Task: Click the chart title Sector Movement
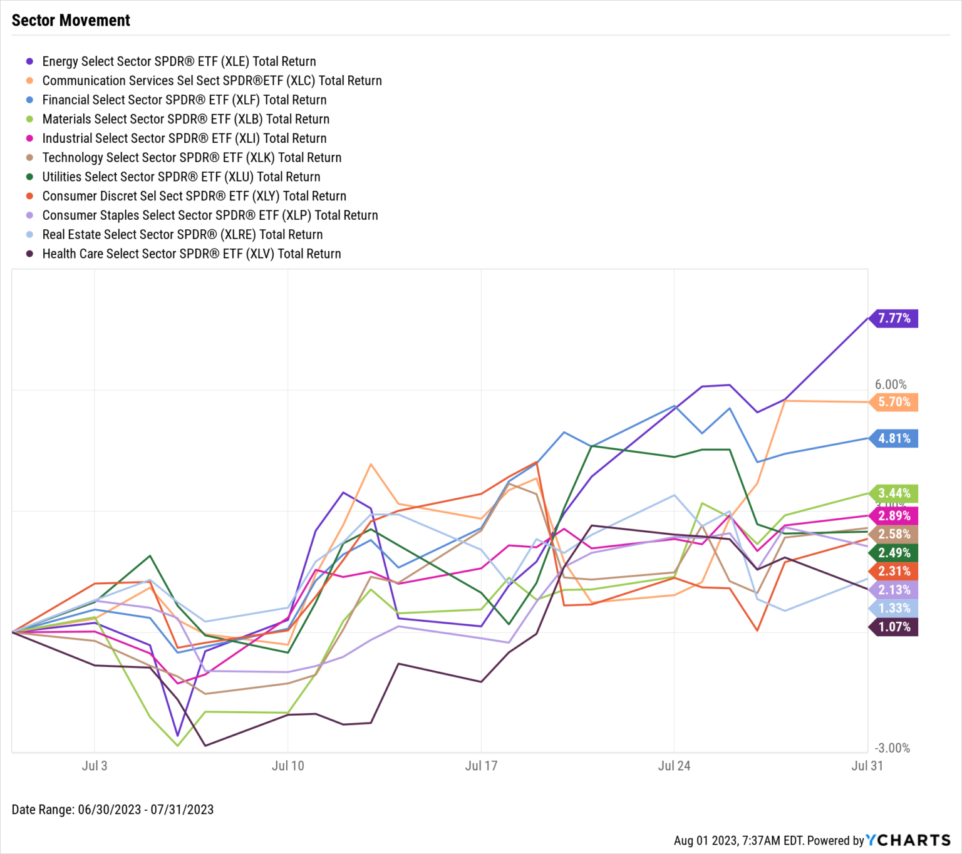[71, 21]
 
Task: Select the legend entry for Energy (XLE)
[178, 61]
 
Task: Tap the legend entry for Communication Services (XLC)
[212, 81]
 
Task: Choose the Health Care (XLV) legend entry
[191, 254]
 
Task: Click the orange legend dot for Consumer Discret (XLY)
[29, 196]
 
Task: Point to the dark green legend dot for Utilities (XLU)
[29, 177]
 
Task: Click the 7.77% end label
[894, 318]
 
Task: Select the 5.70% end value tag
[894, 402]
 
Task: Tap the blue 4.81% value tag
[894, 438]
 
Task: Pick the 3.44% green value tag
[894, 493]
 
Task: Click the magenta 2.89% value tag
[894, 516]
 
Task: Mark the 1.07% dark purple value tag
[894, 627]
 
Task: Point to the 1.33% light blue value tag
[894, 608]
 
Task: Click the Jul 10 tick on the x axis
[287, 766]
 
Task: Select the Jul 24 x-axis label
[674, 766]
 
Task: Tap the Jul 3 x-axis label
[95, 766]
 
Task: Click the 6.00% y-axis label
[891, 384]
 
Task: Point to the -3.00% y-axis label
[892, 748]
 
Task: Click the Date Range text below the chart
[113, 810]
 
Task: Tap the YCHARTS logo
[908, 840]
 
